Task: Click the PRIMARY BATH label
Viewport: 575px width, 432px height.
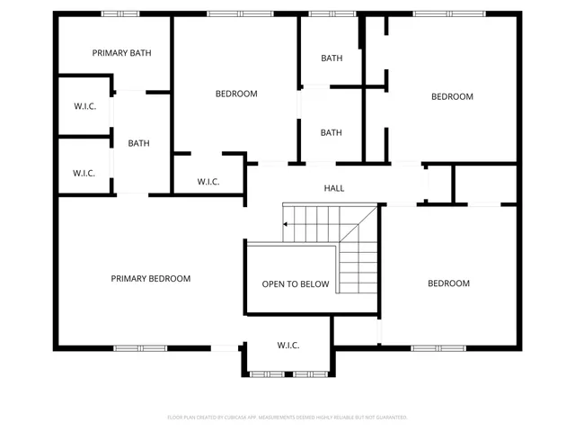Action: coord(121,53)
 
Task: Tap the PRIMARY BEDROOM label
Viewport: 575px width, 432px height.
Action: coord(151,279)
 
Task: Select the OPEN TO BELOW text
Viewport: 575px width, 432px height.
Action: coord(296,284)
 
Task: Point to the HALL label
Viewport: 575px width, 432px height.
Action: coord(334,188)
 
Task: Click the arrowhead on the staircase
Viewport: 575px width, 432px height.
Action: coord(286,224)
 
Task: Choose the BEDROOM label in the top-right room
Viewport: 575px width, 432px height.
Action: coord(452,97)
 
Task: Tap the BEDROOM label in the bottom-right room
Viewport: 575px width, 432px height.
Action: coord(448,284)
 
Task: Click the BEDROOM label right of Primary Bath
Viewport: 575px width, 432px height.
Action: coord(236,94)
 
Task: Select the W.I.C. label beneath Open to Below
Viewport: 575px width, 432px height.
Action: coord(287,346)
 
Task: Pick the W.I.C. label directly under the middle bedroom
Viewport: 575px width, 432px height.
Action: coord(208,182)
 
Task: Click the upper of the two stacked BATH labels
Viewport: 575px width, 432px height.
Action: coord(332,58)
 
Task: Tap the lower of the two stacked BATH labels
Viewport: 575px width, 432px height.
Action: coord(332,133)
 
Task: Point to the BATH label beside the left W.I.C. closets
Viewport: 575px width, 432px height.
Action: coord(138,143)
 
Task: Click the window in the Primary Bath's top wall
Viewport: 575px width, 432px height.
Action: coord(119,13)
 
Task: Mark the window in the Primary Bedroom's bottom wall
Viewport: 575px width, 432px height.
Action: coord(140,348)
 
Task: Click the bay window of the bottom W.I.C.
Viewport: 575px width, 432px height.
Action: coord(287,373)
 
